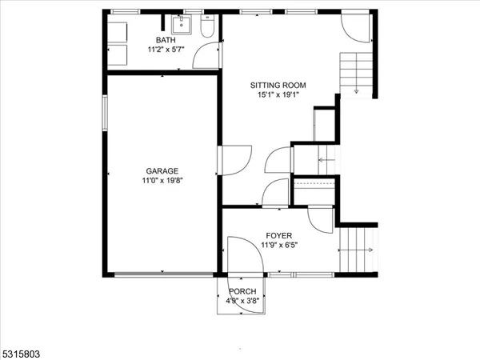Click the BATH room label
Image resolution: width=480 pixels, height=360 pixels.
tap(165, 40)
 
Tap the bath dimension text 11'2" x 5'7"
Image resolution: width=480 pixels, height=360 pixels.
tap(165, 50)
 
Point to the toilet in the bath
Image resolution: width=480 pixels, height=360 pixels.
tap(206, 30)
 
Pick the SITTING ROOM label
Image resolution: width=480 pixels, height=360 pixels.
tap(278, 85)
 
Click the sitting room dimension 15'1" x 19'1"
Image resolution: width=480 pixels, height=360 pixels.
tap(278, 94)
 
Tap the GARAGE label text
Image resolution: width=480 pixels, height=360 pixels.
tap(162, 170)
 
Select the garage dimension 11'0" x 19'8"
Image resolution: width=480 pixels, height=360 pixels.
tap(162, 180)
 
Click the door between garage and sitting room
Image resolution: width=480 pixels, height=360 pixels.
tap(235, 160)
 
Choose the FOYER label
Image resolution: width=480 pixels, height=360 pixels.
tap(278, 235)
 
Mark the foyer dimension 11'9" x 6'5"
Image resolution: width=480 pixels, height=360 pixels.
tap(278, 245)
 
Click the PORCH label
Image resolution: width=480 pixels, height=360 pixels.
tap(242, 291)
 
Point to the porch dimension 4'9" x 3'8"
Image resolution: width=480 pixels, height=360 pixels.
tap(242, 301)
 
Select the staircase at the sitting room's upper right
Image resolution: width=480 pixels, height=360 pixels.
tap(357, 74)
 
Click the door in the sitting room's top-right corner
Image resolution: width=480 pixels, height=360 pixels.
tap(357, 28)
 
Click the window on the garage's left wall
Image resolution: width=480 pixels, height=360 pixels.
tap(105, 113)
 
